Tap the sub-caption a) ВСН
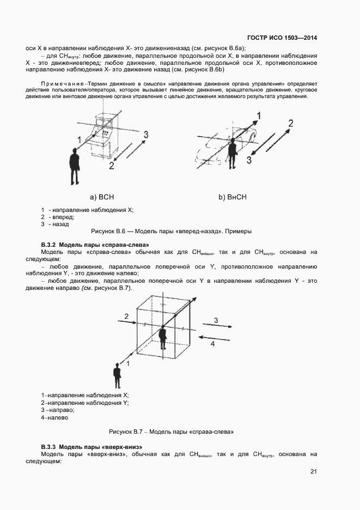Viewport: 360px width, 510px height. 101,197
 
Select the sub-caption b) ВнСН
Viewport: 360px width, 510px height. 233,197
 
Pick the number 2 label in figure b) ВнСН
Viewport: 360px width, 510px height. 290,123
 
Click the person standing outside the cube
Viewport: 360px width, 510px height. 117,377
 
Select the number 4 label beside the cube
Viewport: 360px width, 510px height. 213,344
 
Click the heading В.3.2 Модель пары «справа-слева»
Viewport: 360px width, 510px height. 95,245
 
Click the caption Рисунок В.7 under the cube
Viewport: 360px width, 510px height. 171,432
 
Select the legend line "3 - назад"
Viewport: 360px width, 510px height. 55,224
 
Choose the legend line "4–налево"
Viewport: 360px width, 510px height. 54,417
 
